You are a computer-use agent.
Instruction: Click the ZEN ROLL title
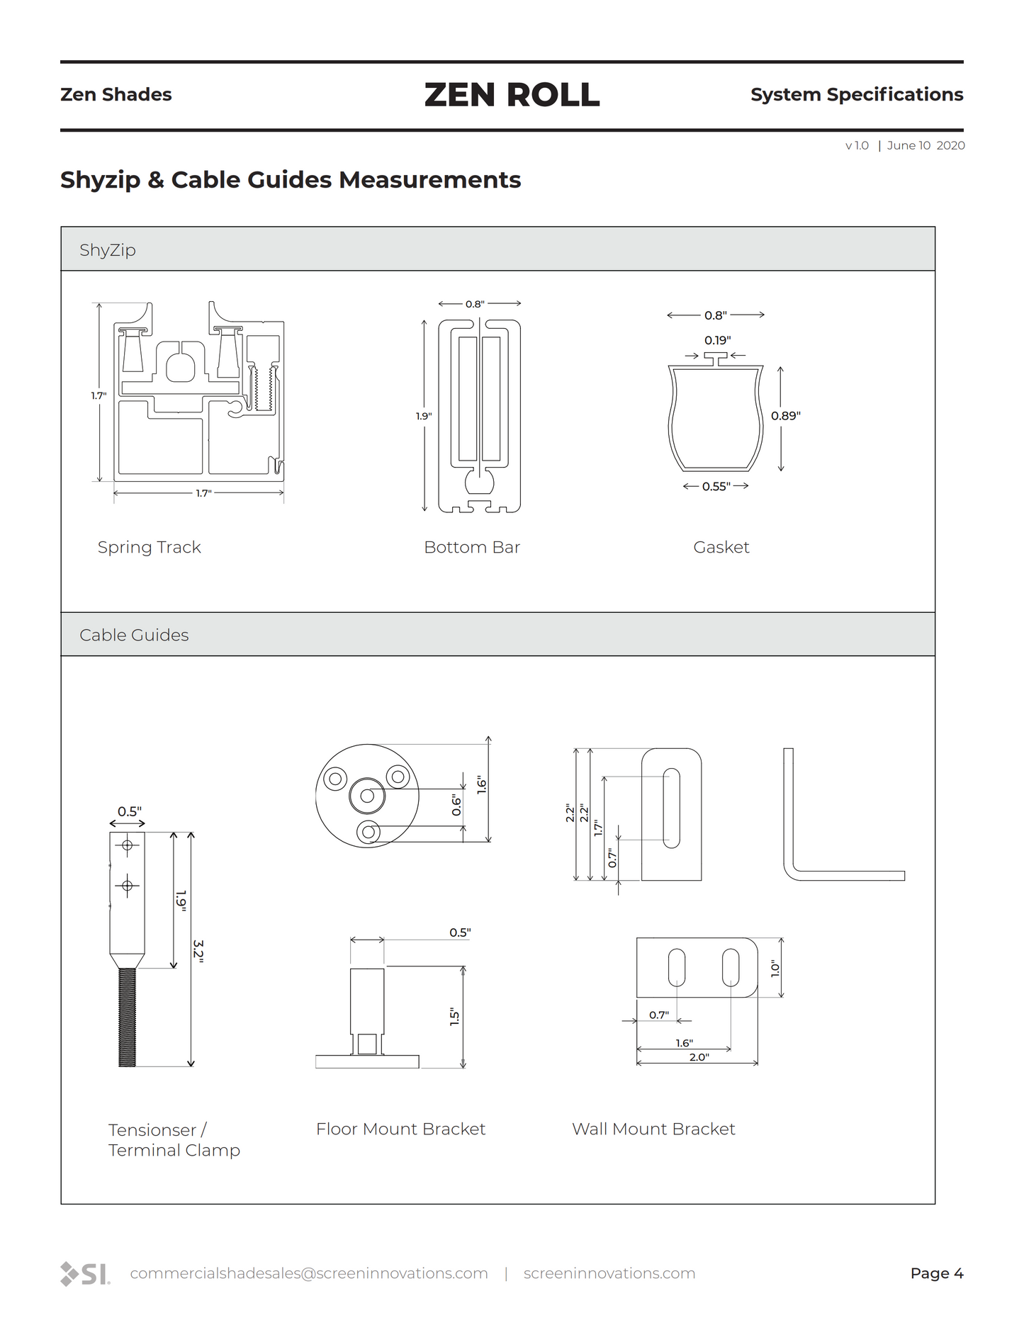click(x=512, y=95)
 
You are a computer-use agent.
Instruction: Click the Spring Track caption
click(x=149, y=547)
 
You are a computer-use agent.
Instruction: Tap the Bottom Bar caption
click(x=472, y=547)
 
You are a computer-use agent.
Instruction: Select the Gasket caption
click(x=721, y=547)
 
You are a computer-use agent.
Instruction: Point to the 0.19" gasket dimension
click(x=717, y=340)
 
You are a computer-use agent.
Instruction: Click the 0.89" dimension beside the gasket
click(x=786, y=416)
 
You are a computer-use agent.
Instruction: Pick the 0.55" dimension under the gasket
click(x=716, y=486)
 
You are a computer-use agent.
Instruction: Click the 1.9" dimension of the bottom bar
click(x=424, y=416)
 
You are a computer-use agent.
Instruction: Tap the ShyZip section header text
click(x=108, y=250)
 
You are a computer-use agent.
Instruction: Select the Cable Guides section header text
click(x=134, y=635)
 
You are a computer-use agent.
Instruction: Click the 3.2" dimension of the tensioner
click(x=199, y=950)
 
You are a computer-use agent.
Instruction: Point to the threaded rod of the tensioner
click(x=127, y=1017)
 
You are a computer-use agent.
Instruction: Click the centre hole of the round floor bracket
click(x=367, y=796)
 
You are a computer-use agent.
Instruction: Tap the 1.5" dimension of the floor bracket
click(x=454, y=1017)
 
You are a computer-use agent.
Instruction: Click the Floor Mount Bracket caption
click(x=400, y=1129)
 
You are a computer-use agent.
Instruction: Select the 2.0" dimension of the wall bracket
click(x=699, y=1057)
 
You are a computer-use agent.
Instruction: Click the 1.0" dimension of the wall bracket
click(x=775, y=969)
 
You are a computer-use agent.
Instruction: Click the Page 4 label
click(x=936, y=1273)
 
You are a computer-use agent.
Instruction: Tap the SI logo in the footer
click(x=85, y=1273)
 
